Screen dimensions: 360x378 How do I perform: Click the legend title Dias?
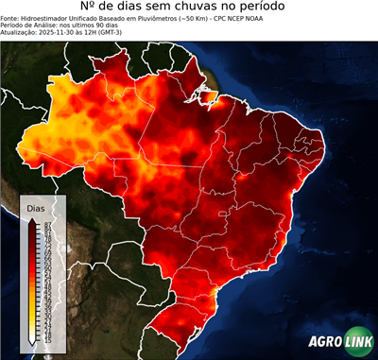(x=36, y=207)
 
